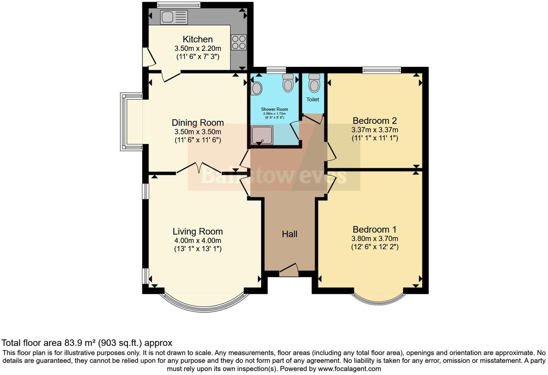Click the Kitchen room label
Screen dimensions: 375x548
pyautogui.click(x=198, y=39)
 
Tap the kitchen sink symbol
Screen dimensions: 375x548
pyautogui.click(x=174, y=17)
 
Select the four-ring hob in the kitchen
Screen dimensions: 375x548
pyautogui.click(x=239, y=42)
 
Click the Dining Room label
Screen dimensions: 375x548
pyautogui.click(x=198, y=123)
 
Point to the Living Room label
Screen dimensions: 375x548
pyautogui.click(x=198, y=231)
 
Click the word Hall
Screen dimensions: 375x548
pyautogui.click(x=290, y=234)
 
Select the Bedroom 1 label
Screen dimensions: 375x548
pyautogui.click(x=375, y=229)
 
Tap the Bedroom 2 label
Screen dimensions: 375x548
pyautogui.click(x=375, y=121)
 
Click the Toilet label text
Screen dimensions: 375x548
pyautogui.click(x=313, y=100)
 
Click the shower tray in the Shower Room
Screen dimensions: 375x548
pyautogui.click(x=262, y=135)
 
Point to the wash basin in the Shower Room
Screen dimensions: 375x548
pyautogui.click(x=256, y=88)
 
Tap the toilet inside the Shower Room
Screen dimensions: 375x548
pyautogui.click(x=288, y=83)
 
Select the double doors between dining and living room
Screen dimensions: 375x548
pyautogui.click(x=199, y=168)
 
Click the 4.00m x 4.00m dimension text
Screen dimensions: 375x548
pyautogui.click(x=198, y=241)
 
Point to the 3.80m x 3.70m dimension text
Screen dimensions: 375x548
pyautogui.click(x=375, y=238)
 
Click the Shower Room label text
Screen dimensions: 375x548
pyautogui.click(x=274, y=109)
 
